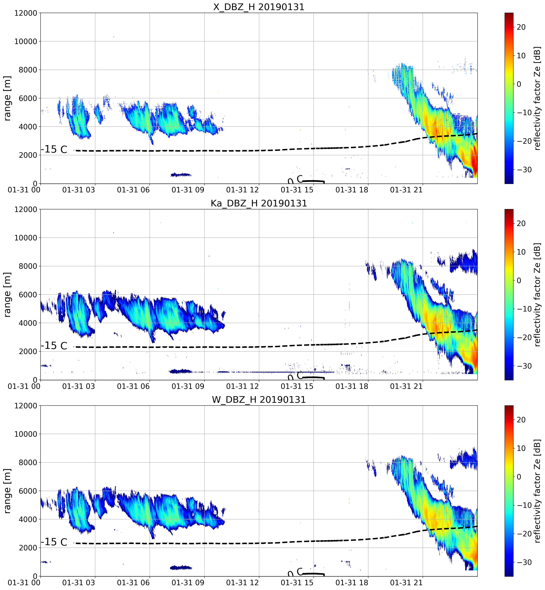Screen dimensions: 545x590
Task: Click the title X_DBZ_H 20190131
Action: [259, 7]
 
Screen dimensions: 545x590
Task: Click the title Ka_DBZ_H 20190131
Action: [259, 203]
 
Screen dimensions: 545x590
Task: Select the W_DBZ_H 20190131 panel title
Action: [259, 400]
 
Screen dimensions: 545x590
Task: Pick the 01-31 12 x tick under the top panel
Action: [242, 190]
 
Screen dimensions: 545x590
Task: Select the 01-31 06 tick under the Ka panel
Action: [133, 386]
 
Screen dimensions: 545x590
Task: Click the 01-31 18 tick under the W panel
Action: [352, 583]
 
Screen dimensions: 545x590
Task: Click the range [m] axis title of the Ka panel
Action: [7, 294]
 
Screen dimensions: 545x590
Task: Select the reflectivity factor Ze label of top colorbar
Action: [538, 98]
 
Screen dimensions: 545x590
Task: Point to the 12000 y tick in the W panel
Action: [26, 406]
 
